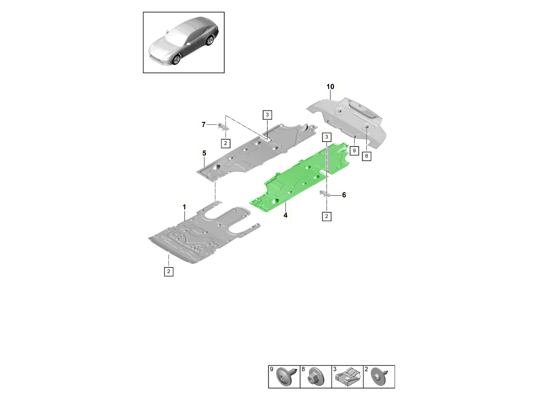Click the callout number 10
tap(330, 87)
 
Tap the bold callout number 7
tap(203, 125)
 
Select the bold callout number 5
tap(204, 153)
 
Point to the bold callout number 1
tap(184, 207)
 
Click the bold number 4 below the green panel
tap(285, 215)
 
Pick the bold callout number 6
tap(344, 195)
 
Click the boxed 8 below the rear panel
tap(366, 156)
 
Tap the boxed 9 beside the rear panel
tap(354, 151)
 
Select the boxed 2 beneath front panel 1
tap(168, 272)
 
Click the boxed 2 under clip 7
tap(226, 143)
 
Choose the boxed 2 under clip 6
tap(327, 216)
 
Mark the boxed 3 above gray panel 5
tap(267, 115)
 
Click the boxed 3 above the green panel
tap(327, 137)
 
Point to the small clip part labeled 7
tap(223, 126)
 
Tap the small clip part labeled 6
tap(325, 193)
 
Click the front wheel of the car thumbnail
tap(176, 60)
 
